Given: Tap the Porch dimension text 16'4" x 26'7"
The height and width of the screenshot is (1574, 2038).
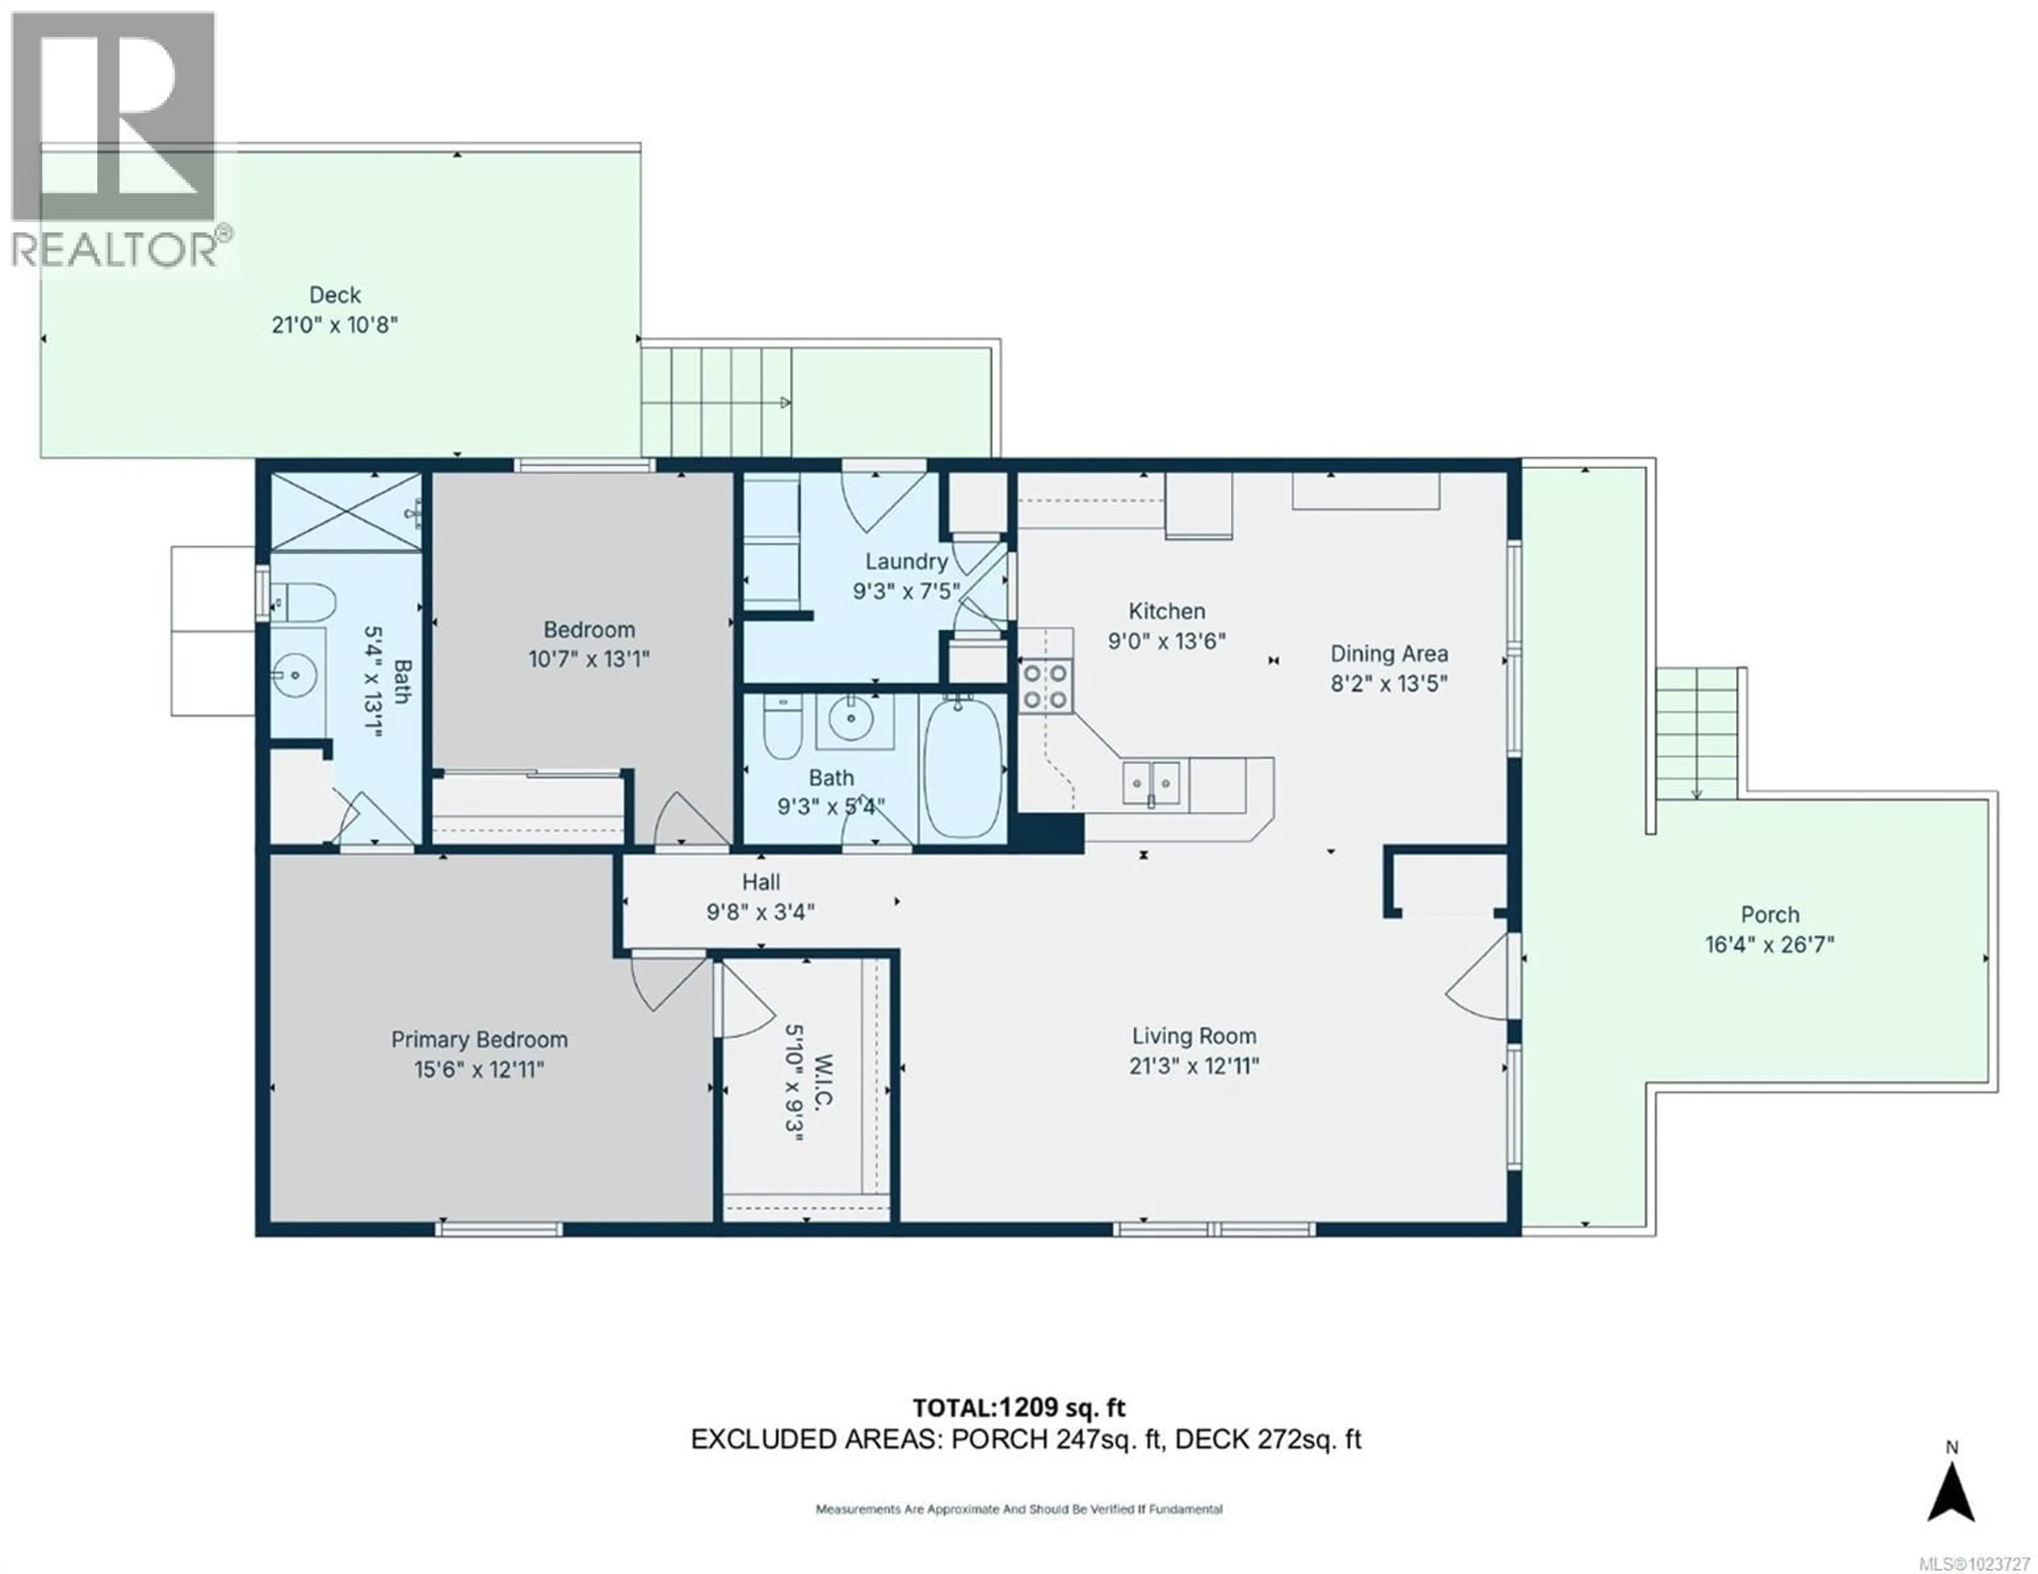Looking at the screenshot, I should pyautogui.click(x=1769, y=944).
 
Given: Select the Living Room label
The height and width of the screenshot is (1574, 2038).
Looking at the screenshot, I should pyautogui.click(x=1194, y=1036).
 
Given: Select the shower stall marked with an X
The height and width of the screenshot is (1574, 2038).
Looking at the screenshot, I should pyautogui.click(x=346, y=511).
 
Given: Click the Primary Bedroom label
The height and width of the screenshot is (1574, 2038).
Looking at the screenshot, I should pyautogui.click(x=479, y=1039).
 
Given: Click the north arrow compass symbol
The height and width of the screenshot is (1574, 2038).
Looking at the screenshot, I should pyautogui.click(x=1951, y=1493).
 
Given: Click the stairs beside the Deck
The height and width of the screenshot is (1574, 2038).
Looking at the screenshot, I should pyautogui.click(x=716, y=402).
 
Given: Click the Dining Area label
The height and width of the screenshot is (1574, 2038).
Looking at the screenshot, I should pyautogui.click(x=1388, y=654).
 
